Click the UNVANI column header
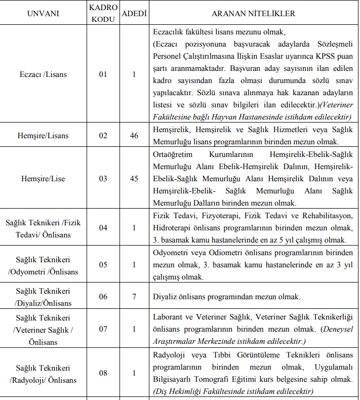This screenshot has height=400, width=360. (x=43, y=13)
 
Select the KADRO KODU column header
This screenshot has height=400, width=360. (x=103, y=13)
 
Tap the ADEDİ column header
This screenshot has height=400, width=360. (x=134, y=13)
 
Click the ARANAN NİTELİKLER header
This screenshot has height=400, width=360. (x=253, y=13)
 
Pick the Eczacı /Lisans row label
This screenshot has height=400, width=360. (x=43, y=74)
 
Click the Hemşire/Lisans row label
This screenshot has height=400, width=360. (x=43, y=136)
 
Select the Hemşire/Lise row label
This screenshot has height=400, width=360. (x=43, y=178)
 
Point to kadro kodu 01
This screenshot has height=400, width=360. (x=103, y=74)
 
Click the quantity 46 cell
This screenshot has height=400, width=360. (x=134, y=136)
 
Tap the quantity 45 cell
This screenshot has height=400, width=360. (x=134, y=178)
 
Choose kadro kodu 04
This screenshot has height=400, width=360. (x=103, y=227)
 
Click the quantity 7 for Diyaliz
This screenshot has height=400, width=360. (x=134, y=297)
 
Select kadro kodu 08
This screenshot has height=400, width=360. (x=103, y=373)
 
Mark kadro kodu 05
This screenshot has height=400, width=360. (x=103, y=264)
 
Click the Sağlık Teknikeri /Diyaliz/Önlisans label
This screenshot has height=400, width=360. (x=43, y=297)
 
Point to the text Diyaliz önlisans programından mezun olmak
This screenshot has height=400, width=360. (x=227, y=297)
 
